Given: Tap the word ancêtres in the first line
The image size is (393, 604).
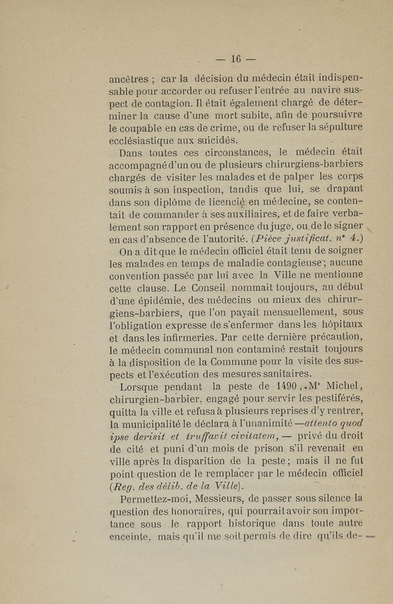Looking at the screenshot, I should pos(129,78).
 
